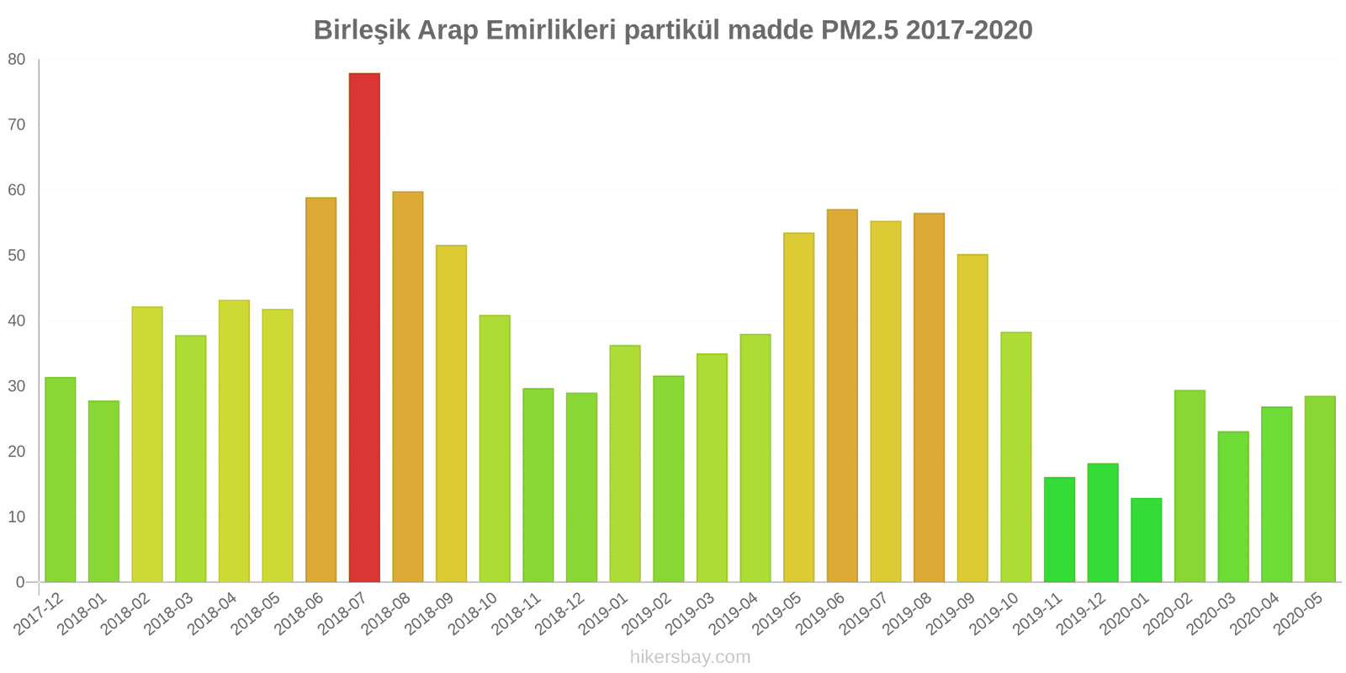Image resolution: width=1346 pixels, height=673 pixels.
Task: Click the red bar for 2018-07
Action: coord(364,328)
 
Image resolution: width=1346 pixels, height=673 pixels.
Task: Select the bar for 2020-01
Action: coord(1146,540)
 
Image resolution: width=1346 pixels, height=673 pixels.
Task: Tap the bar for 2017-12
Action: coord(61,480)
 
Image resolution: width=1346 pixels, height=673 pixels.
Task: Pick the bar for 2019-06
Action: coord(842,395)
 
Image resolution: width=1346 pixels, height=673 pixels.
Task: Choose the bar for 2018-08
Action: coord(408,387)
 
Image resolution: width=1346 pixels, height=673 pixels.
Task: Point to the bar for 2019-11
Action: coord(1059,530)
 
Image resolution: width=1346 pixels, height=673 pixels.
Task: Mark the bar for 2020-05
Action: coord(1320,489)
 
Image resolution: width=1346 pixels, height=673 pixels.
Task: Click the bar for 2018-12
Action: coord(581,487)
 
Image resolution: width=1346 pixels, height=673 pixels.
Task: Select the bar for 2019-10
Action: coord(1015,457)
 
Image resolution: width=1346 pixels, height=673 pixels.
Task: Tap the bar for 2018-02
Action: coord(147,444)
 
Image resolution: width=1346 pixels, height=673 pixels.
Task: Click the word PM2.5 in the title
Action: coord(857,30)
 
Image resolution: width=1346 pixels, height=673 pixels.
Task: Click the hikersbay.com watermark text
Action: coord(690,657)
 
